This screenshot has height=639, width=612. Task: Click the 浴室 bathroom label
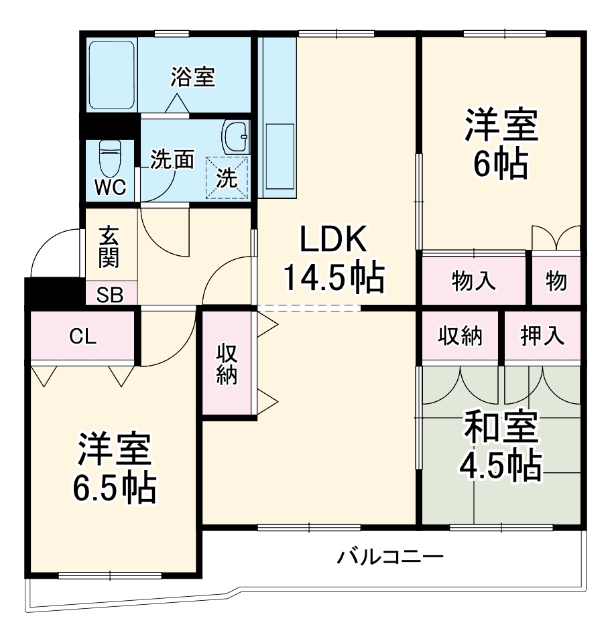coord(192,77)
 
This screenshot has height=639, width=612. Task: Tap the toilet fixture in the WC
coord(109,157)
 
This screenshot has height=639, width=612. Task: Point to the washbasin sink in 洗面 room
coord(235,137)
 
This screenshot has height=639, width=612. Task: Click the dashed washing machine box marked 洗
coord(227,177)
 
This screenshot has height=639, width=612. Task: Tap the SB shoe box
coord(111,294)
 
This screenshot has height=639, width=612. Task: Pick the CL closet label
coord(83,337)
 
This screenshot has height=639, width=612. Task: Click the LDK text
coord(332,240)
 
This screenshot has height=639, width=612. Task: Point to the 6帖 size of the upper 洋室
coord(501,164)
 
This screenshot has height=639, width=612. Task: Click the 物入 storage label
coord(474,281)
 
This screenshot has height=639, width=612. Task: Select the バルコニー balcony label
coord(390,556)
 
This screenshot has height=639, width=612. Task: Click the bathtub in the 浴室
coord(113,75)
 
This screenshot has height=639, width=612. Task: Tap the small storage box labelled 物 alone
coord(556,281)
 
